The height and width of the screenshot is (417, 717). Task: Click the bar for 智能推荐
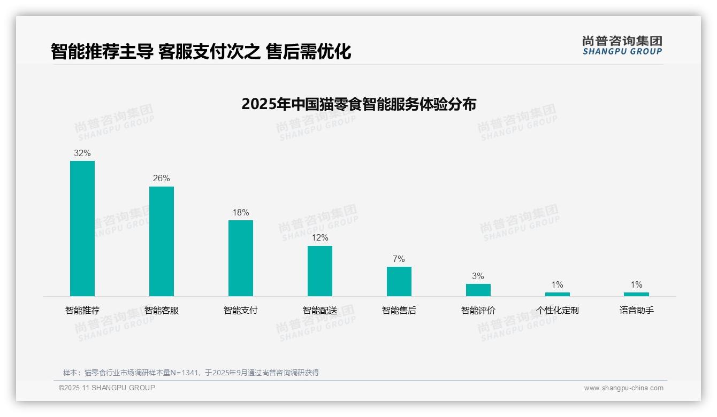click(82, 228)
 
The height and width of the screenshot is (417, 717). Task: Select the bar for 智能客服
click(162, 241)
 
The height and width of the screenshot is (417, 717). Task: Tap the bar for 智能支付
click(241, 258)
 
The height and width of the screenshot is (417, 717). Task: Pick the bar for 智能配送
click(320, 271)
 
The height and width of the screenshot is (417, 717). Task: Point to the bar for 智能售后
click(399, 281)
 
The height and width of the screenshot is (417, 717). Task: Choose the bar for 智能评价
click(478, 290)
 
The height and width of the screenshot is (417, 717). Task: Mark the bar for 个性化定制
click(558, 294)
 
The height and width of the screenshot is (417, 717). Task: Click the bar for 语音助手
click(636, 294)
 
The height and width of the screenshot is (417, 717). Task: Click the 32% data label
click(82, 153)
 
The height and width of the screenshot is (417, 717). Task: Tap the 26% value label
click(162, 178)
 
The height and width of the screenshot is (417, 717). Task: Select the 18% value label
click(241, 212)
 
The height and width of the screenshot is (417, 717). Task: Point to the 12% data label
click(320, 237)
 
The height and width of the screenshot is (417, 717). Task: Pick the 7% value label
click(399, 259)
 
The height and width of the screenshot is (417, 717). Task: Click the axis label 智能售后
click(399, 310)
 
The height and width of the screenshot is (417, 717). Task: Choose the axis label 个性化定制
click(558, 310)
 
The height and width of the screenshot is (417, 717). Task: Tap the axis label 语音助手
click(636, 310)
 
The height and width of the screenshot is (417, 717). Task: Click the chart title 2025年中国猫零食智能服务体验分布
click(358, 104)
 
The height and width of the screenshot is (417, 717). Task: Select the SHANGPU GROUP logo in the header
click(622, 45)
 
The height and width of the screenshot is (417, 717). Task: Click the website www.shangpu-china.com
click(623, 388)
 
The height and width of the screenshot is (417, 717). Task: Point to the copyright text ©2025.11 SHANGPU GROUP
click(107, 388)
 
